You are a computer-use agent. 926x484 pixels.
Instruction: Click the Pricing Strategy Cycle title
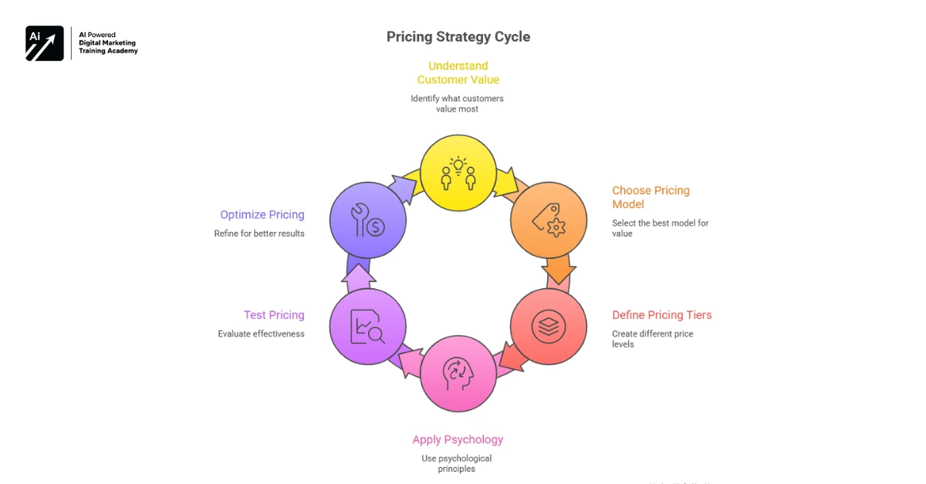(x=458, y=37)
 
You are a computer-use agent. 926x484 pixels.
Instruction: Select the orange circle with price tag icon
(x=549, y=220)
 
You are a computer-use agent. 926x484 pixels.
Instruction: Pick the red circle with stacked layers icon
(x=549, y=327)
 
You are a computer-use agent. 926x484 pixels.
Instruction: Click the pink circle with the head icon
(x=458, y=374)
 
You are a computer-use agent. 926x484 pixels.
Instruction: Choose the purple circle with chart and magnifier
(x=367, y=327)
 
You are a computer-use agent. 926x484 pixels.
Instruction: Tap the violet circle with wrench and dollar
(x=367, y=220)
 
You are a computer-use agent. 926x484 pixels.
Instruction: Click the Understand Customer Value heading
(x=458, y=72)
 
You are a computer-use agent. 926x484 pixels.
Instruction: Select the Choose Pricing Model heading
(x=651, y=197)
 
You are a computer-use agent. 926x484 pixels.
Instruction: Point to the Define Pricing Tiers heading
(x=661, y=314)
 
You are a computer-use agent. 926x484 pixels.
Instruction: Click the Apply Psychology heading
(x=458, y=439)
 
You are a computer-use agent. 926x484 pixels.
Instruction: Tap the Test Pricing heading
(x=274, y=314)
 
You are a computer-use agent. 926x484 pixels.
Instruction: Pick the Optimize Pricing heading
(x=262, y=215)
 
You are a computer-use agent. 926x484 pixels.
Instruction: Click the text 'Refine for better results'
(x=259, y=234)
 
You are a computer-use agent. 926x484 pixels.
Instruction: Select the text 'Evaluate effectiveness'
(x=261, y=334)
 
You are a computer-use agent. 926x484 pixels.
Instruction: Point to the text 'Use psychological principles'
(x=457, y=463)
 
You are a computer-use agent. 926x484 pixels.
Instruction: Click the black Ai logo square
(x=45, y=43)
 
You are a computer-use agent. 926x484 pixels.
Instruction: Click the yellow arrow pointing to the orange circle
(x=506, y=183)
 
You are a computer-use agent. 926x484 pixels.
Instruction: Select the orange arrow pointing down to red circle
(x=558, y=271)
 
